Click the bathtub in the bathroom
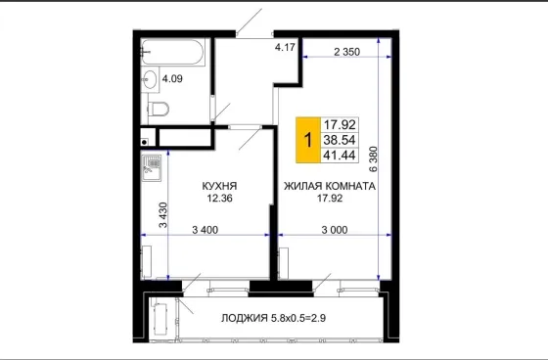pyautogui.click(x=172, y=52)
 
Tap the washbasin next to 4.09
pyautogui.click(x=150, y=79)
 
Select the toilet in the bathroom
pyautogui.click(x=159, y=109)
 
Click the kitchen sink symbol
pyautogui.click(x=152, y=168)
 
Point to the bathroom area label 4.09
pyautogui.click(x=172, y=78)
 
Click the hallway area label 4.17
pyautogui.click(x=285, y=47)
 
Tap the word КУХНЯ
pyautogui.click(x=219, y=186)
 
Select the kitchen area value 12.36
pyautogui.click(x=219, y=199)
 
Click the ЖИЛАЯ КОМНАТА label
pyautogui.click(x=330, y=186)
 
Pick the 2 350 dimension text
pyautogui.click(x=346, y=52)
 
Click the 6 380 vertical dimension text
pyautogui.click(x=373, y=159)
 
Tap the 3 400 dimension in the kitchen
pyautogui.click(x=205, y=230)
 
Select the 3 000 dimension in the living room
pyautogui.click(x=335, y=230)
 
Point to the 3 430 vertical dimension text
pyautogui.click(x=163, y=215)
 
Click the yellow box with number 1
pyautogui.click(x=308, y=140)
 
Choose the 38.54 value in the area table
pyautogui.click(x=340, y=140)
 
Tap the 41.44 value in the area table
pyautogui.click(x=340, y=155)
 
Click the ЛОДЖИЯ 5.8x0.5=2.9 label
pyautogui.click(x=273, y=318)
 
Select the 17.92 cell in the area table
pyautogui.click(x=340, y=124)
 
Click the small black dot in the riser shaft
pyautogui.click(x=145, y=142)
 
